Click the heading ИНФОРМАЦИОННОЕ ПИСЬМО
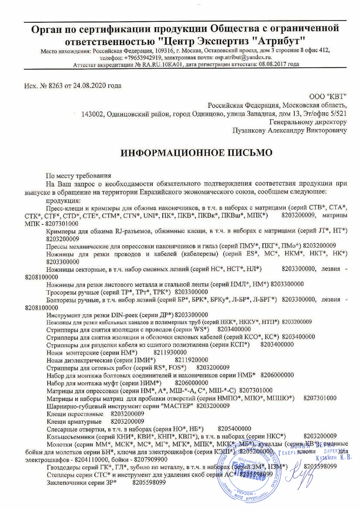pyautogui.click(x=196, y=152)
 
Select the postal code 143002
pyautogui.click(x=92, y=114)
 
